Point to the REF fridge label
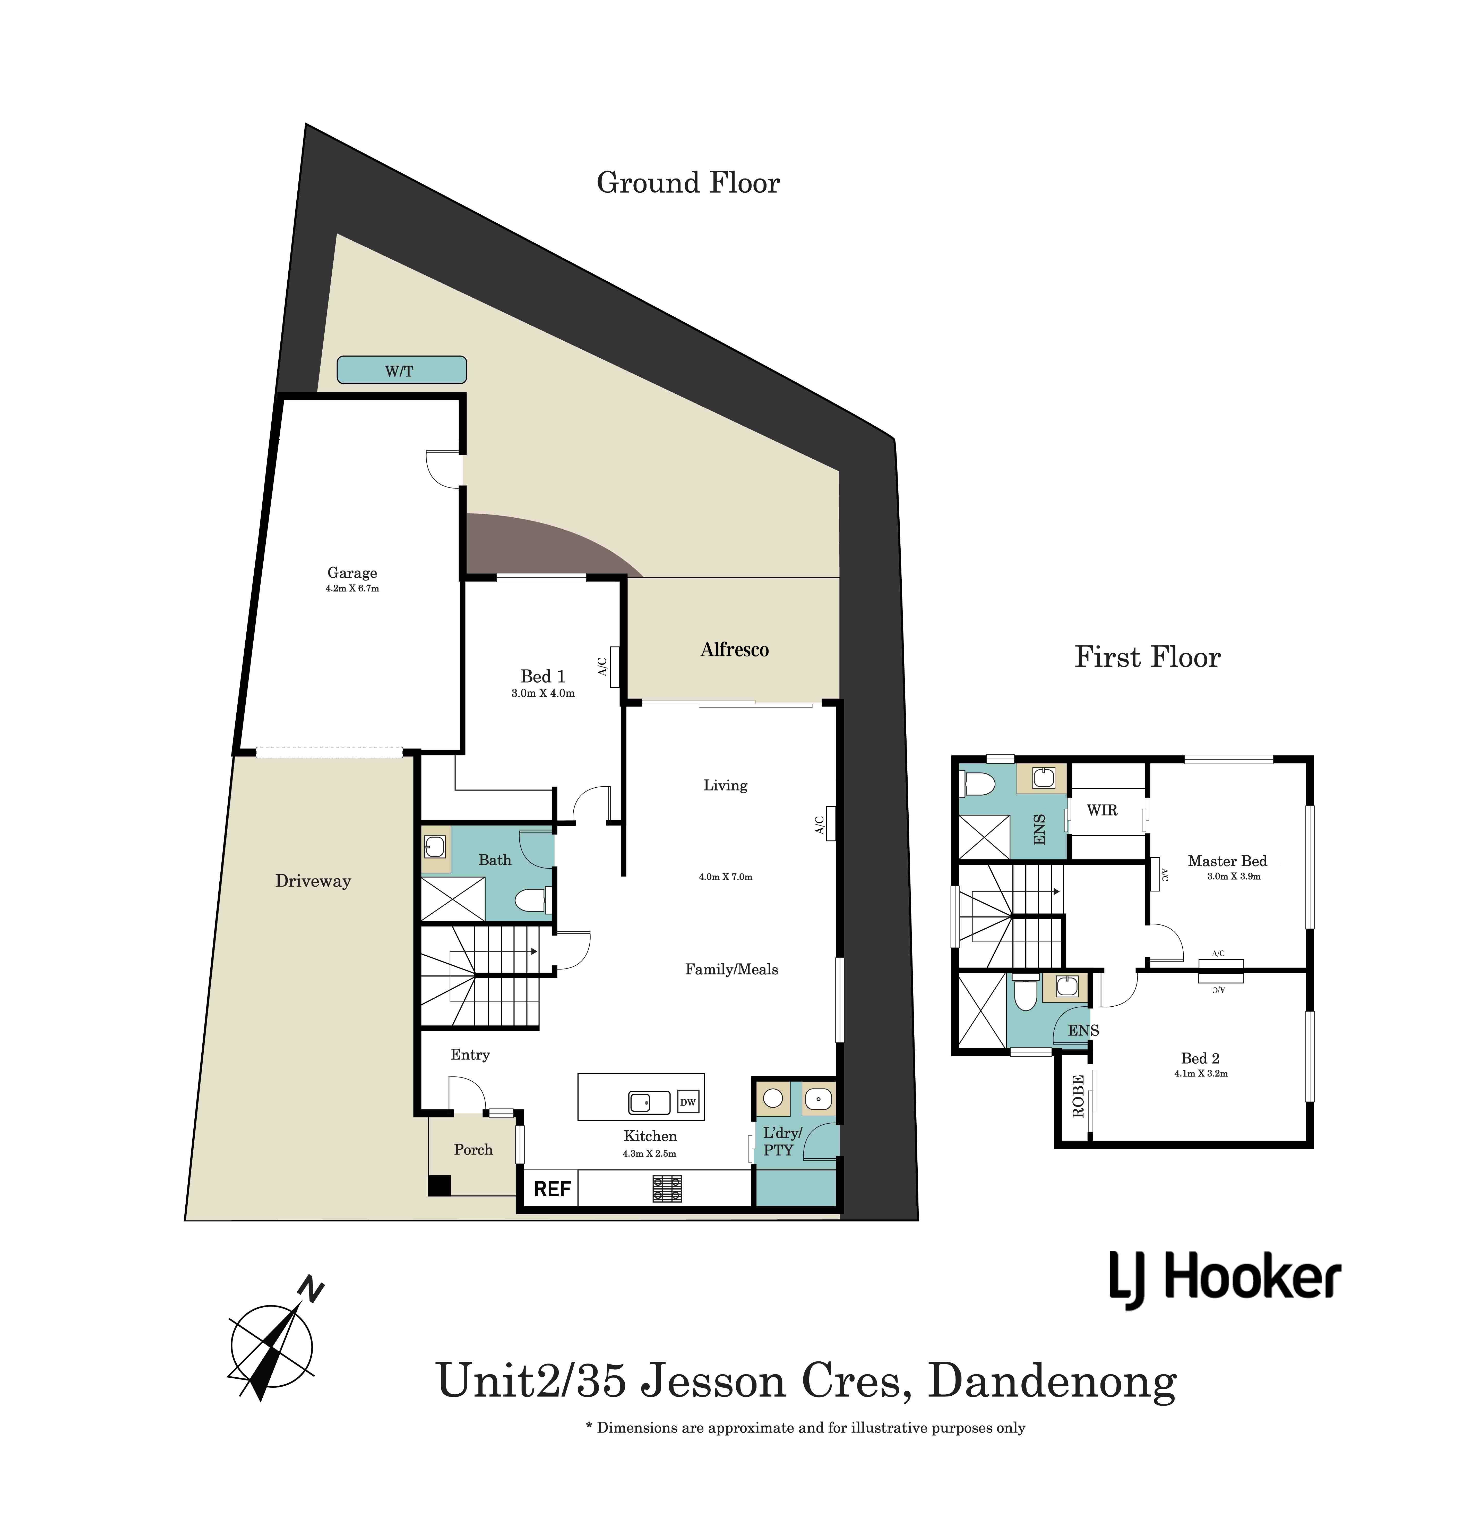(x=552, y=1189)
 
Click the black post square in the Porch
(x=439, y=1186)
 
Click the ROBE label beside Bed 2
(x=1078, y=1096)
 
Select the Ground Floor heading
(x=688, y=183)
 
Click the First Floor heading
(x=1147, y=657)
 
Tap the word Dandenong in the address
(x=1052, y=1381)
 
